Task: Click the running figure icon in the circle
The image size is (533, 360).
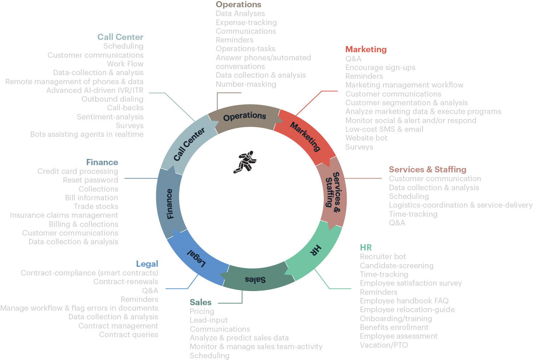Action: point(245,162)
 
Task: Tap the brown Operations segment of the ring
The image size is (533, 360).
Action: point(245,116)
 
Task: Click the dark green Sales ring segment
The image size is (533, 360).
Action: point(256,279)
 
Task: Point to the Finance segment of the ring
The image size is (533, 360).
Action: point(170,203)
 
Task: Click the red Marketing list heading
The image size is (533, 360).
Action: point(366,49)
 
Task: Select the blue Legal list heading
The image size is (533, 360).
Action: point(147,264)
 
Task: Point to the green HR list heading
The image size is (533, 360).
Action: point(366,247)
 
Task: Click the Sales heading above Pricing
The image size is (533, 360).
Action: point(200,302)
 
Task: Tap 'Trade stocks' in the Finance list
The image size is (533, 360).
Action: point(96,206)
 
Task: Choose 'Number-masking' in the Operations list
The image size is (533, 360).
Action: point(246,84)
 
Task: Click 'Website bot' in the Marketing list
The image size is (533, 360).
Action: point(366,138)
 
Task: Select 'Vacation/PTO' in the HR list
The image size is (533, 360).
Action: point(384,345)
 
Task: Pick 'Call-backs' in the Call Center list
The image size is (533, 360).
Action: point(125,108)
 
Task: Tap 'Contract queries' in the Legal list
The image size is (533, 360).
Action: point(129,335)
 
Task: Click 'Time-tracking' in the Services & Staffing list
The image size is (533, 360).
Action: point(413,214)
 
